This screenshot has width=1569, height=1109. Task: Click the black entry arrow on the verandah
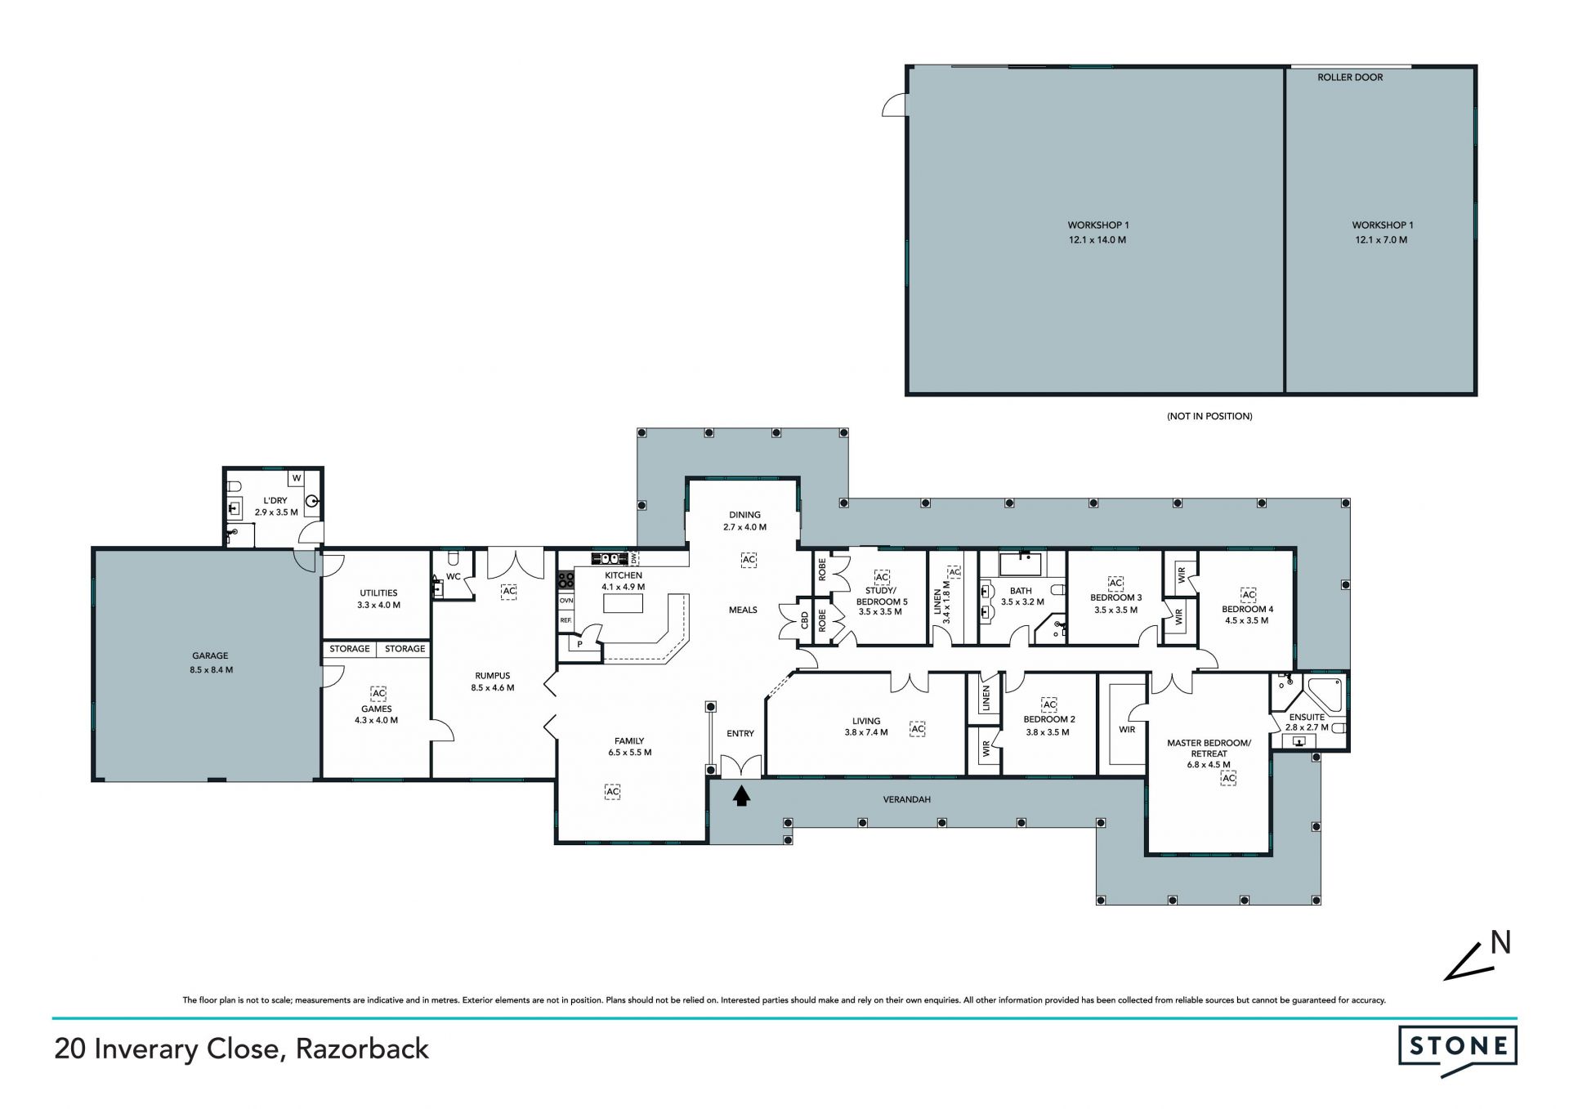pos(741,795)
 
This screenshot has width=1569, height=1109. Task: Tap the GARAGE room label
pos(210,655)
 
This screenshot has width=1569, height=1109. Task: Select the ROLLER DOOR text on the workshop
pos(1350,78)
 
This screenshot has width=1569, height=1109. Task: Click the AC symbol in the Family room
pos(612,791)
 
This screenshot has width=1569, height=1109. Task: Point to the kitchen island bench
pos(623,603)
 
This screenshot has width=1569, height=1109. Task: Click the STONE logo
pos(1458,1052)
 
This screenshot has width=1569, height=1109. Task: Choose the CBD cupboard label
pos(804,622)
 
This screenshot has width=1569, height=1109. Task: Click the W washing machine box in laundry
pos(297,478)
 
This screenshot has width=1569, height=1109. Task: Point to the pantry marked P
pos(580,644)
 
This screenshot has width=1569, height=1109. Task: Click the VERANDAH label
pos(907,799)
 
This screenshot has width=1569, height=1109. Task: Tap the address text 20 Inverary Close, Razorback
pos(241,1049)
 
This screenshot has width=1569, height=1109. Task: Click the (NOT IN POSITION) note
pos(1209,416)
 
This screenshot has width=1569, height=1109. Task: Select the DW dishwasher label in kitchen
pos(633,558)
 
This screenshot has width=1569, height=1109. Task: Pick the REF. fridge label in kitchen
pos(565,620)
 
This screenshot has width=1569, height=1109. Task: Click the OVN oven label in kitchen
pos(565,601)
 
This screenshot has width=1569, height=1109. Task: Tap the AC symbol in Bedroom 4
pos(1248,593)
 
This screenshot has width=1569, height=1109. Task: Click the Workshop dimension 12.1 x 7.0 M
pos(1381,240)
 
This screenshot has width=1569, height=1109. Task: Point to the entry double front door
pos(741,767)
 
